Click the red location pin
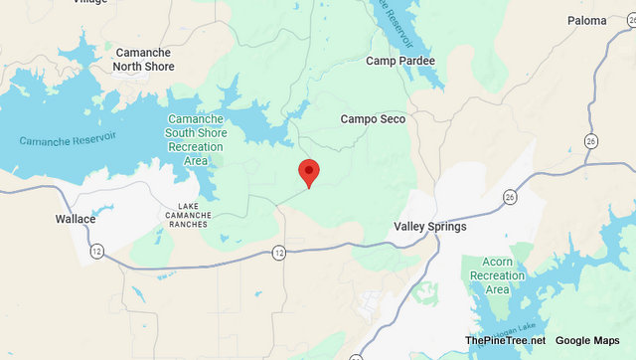click(309, 172)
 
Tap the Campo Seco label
click(373, 119)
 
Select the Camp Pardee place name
click(400, 62)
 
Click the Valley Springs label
click(429, 227)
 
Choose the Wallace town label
click(75, 219)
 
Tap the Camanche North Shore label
click(144, 60)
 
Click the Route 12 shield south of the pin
click(278, 255)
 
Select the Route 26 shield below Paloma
click(591, 140)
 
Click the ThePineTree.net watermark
click(504, 341)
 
